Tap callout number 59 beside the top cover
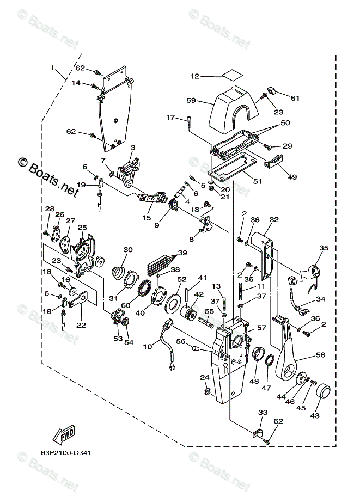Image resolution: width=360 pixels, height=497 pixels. click(x=191, y=101)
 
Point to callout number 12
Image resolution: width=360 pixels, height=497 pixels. click(x=195, y=76)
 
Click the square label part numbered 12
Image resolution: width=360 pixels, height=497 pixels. click(x=233, y=76)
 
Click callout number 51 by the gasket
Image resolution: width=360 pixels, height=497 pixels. click(x=257, y=181)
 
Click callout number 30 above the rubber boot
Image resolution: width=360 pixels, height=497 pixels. click(x=128, y=250)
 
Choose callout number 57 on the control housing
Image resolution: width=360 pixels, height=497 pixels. click(x=261, y=328)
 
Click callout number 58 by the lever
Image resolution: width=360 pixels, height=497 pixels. click(x=321, y=355)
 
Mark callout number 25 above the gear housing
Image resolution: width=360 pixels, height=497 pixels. click(x=82, y=227)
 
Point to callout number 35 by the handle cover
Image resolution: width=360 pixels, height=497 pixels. click(x=324, y=248)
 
